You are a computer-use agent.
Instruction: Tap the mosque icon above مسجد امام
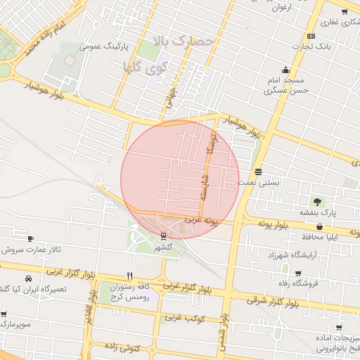point(285,70)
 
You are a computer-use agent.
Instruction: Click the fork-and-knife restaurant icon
point(129,276)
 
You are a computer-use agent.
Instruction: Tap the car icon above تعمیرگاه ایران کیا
point(27,278)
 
